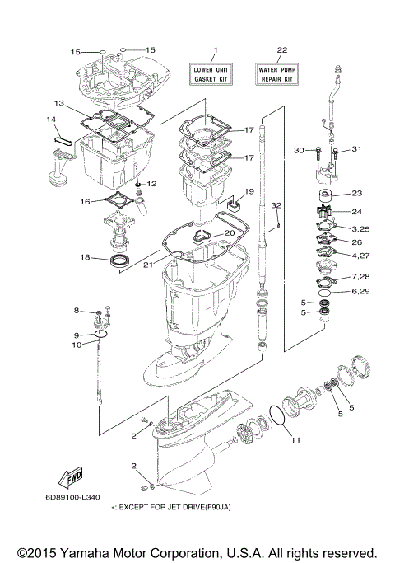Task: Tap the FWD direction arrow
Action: [x=69, y=477]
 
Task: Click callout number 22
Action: [x=281, y=51]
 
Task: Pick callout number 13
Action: [x=59, y=104]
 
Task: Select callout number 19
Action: [x=249, y=191]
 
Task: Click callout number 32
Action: [x=277, y=204]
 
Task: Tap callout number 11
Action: [x=295, y=440]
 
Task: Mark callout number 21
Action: [x=148, y=265]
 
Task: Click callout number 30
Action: [x=299, y=149]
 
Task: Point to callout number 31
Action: [x=357, y=149]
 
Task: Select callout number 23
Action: [x=356, y=194]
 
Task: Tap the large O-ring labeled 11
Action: [x=279, y=416]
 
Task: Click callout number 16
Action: [x=85, y=201]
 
